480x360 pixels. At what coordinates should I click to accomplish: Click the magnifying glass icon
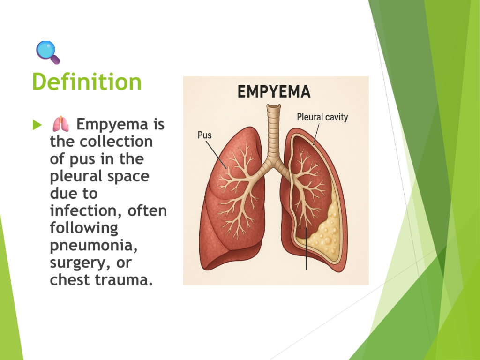pos(48,52)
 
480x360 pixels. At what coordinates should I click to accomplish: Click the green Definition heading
pos(87,82)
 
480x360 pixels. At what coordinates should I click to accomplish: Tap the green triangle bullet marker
pos(37,125)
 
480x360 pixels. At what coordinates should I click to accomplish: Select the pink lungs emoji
pos(60,124)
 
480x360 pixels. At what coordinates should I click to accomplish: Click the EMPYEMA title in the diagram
pos(274,92)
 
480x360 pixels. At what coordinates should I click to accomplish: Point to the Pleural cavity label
pos(322,117)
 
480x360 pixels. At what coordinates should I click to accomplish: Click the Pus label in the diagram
pos(204,135)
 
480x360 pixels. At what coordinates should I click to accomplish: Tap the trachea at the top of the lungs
pos(273,132)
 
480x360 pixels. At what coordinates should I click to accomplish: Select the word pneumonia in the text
pos(93,246)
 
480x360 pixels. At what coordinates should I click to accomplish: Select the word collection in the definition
pos(116,142)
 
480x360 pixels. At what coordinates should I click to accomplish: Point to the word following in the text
pos(84,229)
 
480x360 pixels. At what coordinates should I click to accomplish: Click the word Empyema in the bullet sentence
pos(112,125)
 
